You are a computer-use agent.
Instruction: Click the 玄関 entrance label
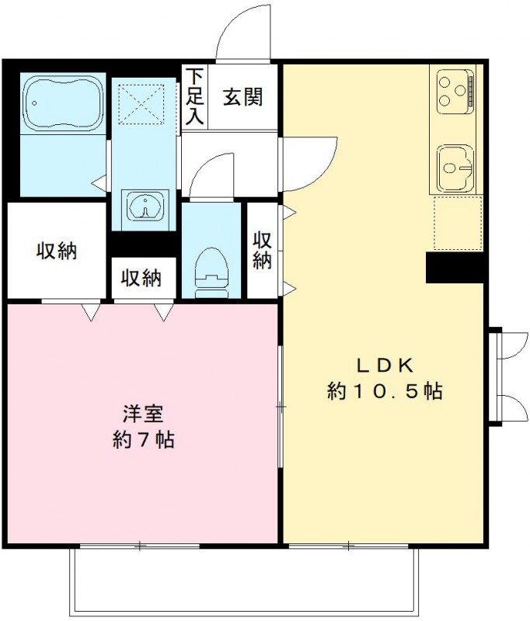(243, 98)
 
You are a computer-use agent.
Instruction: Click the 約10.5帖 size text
(385, 392)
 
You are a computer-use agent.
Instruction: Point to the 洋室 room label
(142, 414)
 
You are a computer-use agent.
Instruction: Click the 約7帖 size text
(142, 440)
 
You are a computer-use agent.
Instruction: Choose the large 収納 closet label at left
(57, 251)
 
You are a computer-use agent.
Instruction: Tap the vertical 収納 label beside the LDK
(263, 250)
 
